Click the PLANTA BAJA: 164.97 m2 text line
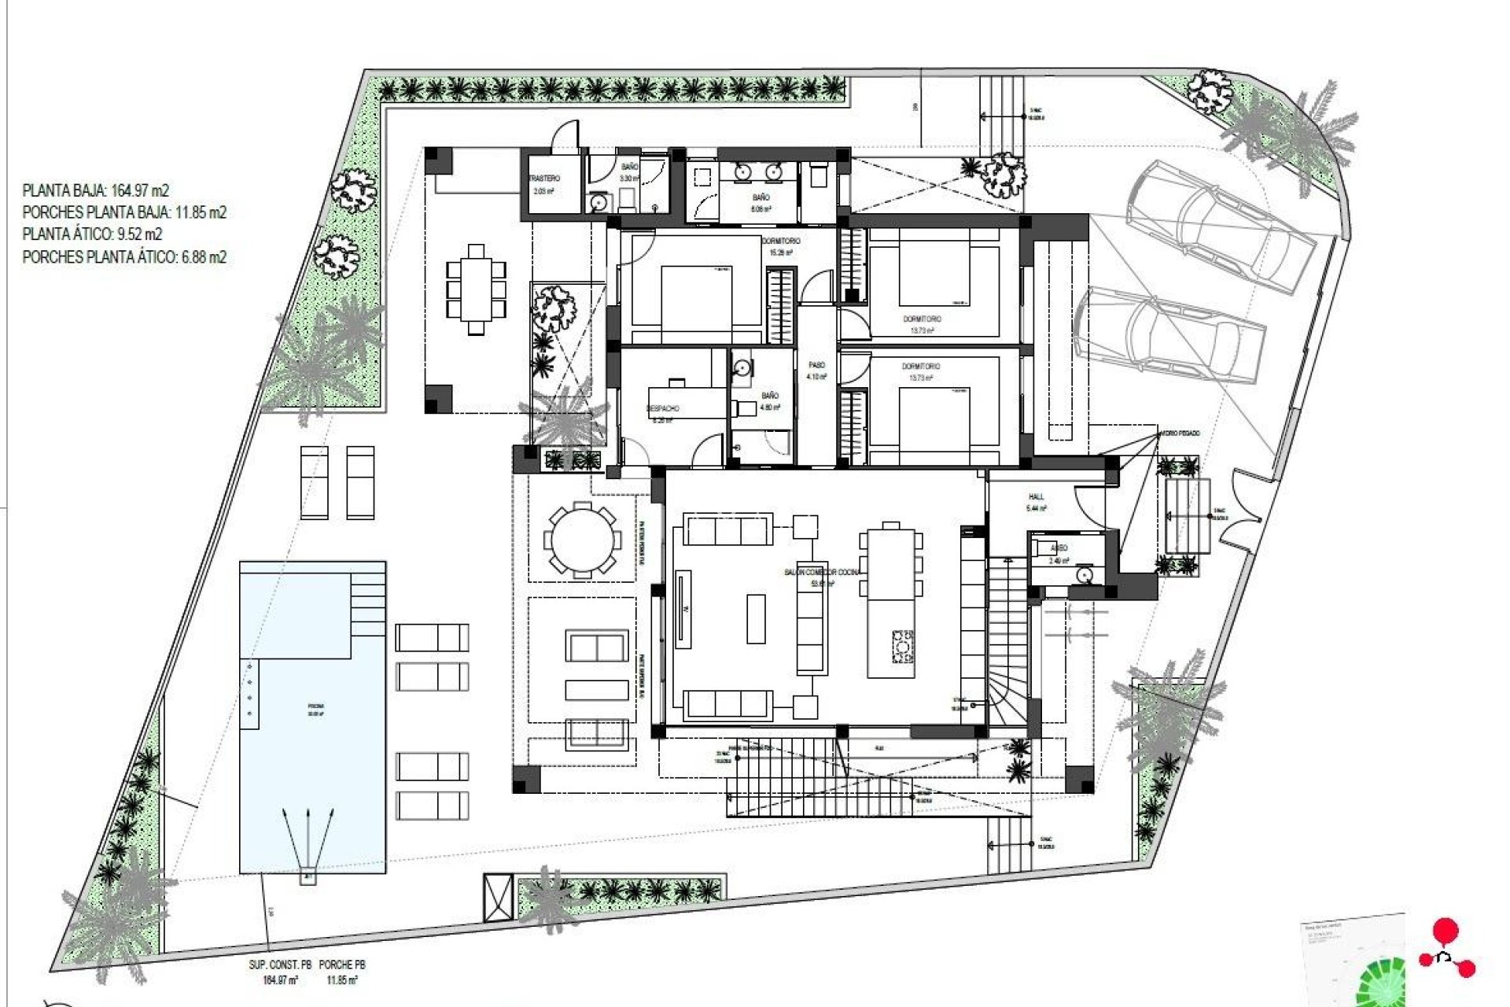pyautogui.click(x=96, y=190)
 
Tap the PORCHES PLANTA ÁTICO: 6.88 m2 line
pyautogui.click(x=124, y=256)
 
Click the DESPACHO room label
pyautogui.click(x=663, y=409)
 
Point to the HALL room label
pyautogui.click(x=1037, y=497)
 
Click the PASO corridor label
pyautogui.click(x=817, y=366)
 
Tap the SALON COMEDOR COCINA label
pyautogui.click(x=822, y=572)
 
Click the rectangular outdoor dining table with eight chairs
pyautogui.click(x=476, y=290)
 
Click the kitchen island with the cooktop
pyautogui.click(x=892, y=614)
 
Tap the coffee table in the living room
pyautogui.click(x=756, y=619)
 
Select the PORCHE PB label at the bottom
pyautogui.click(x=343, y=965)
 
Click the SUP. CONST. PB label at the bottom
pyautogui.click(x=280, y=965)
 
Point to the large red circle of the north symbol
pyautogui.click(x=1446, y=931)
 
